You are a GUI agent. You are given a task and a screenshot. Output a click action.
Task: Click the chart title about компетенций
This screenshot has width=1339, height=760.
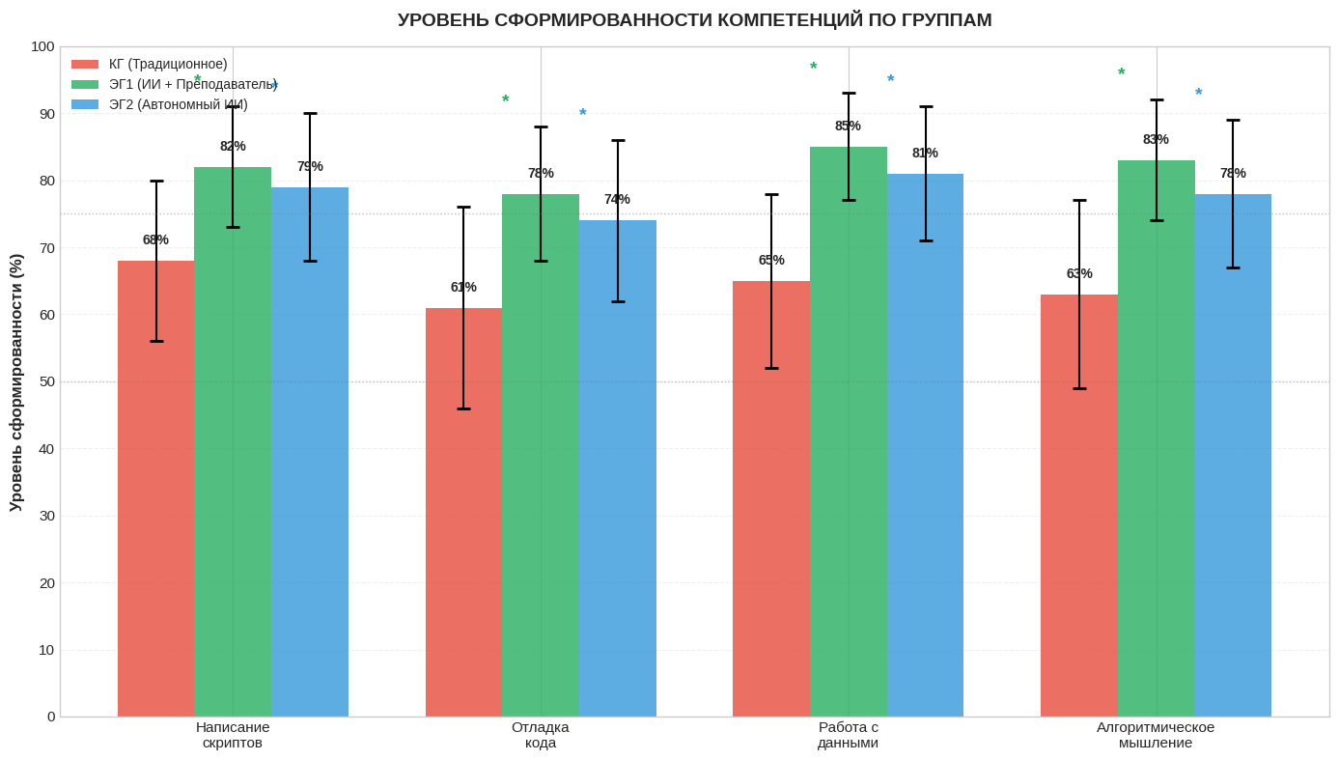694,20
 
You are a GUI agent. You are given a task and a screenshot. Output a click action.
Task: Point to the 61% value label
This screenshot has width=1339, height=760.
463,287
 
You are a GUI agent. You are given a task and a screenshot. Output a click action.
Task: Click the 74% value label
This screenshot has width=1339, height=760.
617,199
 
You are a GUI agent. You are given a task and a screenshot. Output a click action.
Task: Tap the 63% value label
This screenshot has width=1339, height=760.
1079,273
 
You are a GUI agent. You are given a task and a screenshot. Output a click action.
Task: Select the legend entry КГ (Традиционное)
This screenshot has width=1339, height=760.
168,64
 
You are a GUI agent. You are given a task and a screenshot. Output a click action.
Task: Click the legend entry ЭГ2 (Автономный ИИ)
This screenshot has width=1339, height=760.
178,104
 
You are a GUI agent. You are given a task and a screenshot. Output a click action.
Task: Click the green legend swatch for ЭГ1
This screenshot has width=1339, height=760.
85,84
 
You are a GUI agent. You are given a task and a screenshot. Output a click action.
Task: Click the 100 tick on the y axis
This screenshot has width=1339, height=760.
42,46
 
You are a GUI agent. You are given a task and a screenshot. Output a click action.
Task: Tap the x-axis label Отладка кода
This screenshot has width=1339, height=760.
541,735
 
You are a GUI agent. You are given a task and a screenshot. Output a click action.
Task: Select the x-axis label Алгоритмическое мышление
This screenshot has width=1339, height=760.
1156,735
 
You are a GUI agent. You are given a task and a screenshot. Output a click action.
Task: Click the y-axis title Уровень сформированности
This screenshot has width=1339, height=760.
16,382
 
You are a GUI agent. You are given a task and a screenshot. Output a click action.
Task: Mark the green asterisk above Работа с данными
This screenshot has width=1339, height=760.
814,68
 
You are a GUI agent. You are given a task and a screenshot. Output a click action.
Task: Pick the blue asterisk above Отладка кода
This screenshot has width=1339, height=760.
583,114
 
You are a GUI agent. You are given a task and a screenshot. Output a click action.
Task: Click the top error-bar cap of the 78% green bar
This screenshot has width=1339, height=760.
541,127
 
